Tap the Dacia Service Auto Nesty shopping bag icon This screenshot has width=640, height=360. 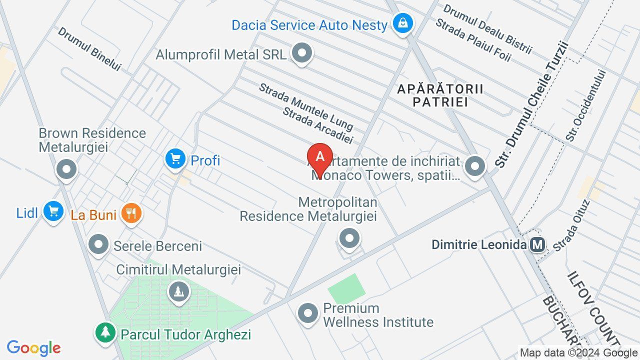tap(402, 23)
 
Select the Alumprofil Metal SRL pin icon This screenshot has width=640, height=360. tap(301, 53)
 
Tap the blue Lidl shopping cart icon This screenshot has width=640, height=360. tap(53, 211)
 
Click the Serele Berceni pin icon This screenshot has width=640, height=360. tap(99, 245)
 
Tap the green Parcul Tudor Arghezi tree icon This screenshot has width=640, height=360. tap(105, 332)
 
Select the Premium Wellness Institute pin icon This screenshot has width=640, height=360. tap(307, 313)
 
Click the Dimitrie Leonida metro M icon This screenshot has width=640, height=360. tap(537, 245)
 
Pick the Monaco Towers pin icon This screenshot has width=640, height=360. tap(474, 166)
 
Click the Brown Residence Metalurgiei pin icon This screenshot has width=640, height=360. tap(66, 169)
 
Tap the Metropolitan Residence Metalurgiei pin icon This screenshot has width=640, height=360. tap(349, 238)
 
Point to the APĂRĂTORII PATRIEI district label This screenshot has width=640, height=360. tap(440, 95)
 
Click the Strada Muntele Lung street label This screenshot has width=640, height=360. tap(305, 106)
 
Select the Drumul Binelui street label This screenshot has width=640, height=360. tap(89, 48)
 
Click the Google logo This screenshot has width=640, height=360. tap(33, 348)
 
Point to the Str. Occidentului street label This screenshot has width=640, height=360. tap(585, 105)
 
